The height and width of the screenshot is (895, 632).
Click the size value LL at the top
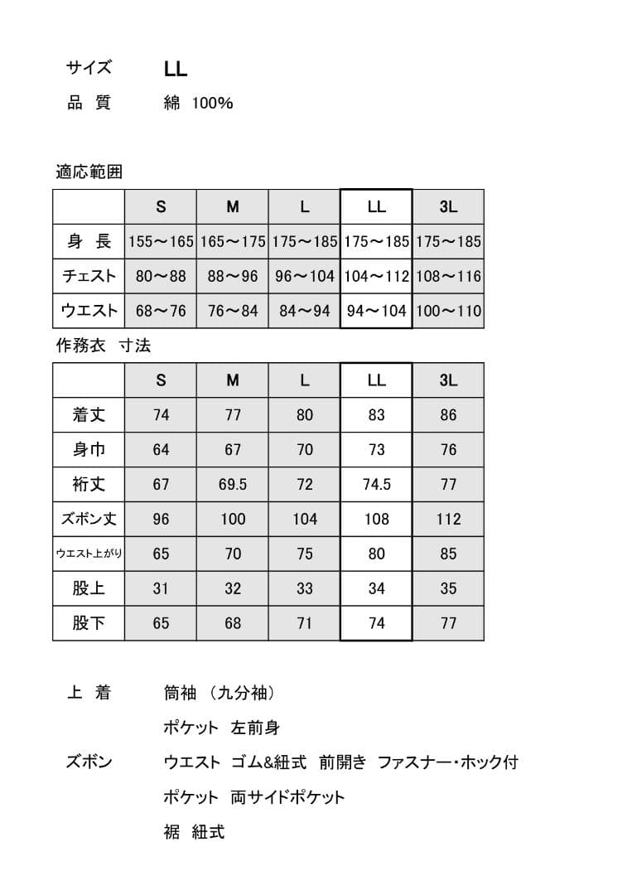176,70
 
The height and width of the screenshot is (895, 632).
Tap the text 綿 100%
198,104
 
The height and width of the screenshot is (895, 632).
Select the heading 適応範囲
89,172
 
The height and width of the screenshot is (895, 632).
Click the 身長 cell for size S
161,243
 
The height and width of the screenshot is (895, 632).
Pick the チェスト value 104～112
376,277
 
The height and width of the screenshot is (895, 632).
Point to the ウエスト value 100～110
448,312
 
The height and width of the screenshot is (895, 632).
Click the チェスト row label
89,276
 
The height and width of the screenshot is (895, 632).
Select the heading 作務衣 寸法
103,345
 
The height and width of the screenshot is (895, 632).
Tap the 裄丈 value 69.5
233,485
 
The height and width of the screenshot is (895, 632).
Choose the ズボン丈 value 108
376,520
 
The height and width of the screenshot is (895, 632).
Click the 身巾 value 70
305,450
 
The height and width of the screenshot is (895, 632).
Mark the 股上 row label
89,588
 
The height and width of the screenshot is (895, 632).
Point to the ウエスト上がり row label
89,554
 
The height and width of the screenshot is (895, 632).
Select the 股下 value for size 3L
448,623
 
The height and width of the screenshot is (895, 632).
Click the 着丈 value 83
376,415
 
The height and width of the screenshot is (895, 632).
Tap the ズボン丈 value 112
448,520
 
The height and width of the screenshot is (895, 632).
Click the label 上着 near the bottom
89,693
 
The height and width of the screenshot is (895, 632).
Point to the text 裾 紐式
194,832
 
